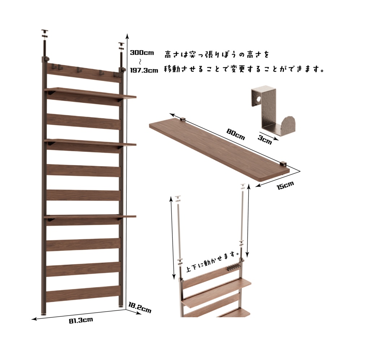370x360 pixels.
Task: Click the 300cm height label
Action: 142,53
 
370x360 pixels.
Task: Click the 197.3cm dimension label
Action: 144,70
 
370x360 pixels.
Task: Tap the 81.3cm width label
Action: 81,320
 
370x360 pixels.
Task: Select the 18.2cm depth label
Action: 140,307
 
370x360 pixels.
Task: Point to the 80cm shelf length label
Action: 236,134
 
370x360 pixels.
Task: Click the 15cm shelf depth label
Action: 285,185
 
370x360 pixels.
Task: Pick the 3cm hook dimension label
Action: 265,140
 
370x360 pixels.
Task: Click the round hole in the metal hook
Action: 259,99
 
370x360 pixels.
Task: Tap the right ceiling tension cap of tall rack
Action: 121,46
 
